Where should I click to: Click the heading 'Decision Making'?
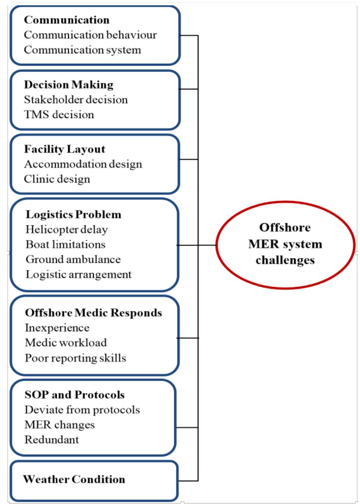pos(68,85)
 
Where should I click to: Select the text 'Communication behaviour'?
pos(90,35)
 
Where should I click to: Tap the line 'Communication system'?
pos(82,50)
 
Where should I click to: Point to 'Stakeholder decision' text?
pos(76,99)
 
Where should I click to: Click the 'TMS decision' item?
pos(59,114)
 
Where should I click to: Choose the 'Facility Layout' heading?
pos(64,149)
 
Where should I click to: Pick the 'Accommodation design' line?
pos(83,164)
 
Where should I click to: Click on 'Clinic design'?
pos(57,179)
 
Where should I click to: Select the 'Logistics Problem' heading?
pos(73,215)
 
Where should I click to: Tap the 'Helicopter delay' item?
pos(67,229)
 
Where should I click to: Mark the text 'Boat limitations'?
pos(66,244)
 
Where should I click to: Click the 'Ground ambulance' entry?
pos(73,259)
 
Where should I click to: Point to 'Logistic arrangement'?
pos(78,274)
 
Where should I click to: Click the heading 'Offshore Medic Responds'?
pos(93,313)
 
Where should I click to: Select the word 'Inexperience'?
pos(57,328)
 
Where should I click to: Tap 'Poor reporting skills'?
pos(75,358)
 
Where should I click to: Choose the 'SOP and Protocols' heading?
pos(75,395)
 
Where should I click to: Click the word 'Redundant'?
pos(51,440)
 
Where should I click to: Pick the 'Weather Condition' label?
pos(74,479)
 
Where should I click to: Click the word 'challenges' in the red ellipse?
pos(285,260)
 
